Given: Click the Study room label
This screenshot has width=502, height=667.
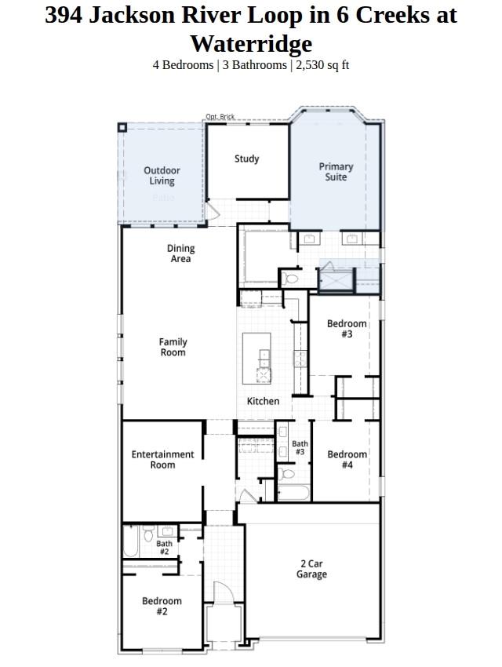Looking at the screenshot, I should (246, 159).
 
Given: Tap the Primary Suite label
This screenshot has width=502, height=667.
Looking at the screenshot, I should (336, 172).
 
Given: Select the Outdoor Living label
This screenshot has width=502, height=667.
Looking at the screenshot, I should (162, 176).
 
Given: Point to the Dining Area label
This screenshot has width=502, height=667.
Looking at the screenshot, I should (180, 253).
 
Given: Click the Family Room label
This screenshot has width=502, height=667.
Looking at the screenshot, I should (173, 347).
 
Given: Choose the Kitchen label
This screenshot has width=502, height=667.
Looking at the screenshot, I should (263, 401).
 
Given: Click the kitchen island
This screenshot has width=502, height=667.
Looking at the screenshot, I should (256, 357).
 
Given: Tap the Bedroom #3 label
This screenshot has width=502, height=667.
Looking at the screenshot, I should (347, 329).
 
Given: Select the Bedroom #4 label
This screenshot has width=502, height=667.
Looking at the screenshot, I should (347, 459).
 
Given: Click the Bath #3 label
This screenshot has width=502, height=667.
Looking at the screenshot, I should (300, 447).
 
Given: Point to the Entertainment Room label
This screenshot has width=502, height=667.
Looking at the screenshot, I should (162, 459).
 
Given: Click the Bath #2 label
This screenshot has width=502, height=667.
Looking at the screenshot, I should (164, 547).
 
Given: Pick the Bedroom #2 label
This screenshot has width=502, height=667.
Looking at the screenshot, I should (162, 606).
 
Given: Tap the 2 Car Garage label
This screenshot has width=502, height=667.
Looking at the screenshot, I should (311, 569).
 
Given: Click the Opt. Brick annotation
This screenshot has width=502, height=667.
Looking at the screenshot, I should (220, 117).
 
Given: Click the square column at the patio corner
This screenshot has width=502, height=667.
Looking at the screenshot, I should (122, 127).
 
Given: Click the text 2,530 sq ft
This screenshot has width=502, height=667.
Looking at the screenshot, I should (321, 65).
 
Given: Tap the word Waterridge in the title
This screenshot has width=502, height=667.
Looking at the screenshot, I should (251, 43).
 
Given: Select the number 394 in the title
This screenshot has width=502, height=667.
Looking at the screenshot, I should (63, 15).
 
